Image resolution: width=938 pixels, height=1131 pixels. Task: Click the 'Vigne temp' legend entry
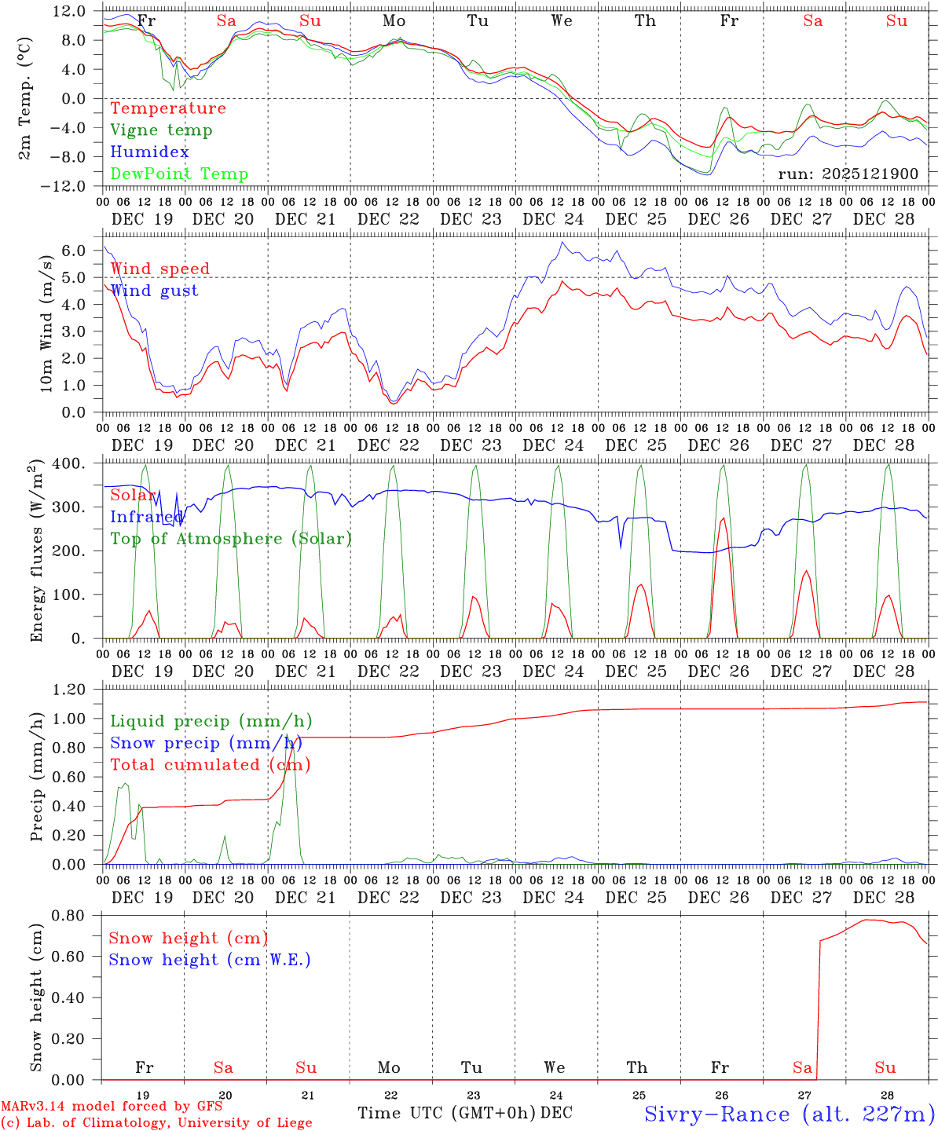tap(161, 130)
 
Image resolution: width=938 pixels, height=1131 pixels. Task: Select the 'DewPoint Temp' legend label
tap(179, 174)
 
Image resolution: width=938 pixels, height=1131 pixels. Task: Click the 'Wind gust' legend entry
tap(154, 291)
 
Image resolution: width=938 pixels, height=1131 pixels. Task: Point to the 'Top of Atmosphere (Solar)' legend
tap(231, 539)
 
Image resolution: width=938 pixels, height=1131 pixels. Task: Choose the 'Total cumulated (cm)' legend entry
tap(210, 764)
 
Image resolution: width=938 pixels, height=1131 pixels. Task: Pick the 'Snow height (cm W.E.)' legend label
tap(210, 960)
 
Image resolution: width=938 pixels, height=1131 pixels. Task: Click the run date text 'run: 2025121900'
tap(848, 174)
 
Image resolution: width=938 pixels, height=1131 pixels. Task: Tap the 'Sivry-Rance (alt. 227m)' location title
tap(789, 1114)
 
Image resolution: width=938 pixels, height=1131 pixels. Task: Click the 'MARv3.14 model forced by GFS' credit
tap(112, 1106)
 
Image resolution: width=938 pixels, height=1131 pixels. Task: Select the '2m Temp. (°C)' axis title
tap(26, 98)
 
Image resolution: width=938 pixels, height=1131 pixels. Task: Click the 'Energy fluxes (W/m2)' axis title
tap(35, 551)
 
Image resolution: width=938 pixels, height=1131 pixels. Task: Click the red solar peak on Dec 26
tap(723, 518)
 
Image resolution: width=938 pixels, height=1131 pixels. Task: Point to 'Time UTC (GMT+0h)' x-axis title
tap(446, 1113)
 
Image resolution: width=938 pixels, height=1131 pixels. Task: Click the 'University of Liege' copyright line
tap(157, 1122)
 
